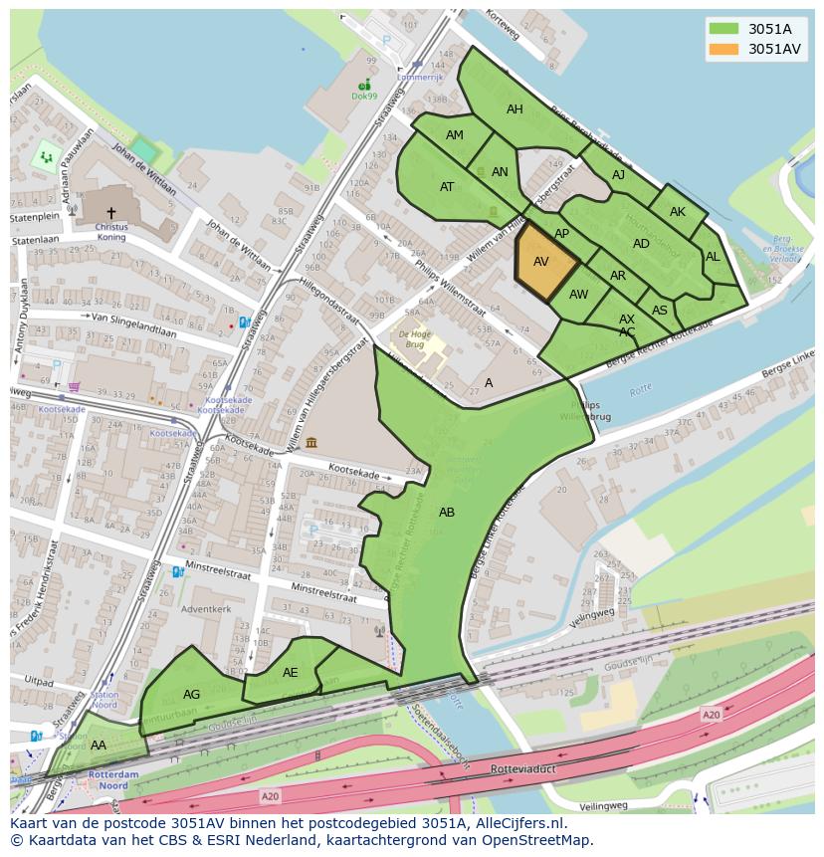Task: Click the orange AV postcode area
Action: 544,263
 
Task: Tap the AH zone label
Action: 515,109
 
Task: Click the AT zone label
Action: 447,187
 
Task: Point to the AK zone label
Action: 678,212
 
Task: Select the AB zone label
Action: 447,513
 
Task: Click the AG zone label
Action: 192,695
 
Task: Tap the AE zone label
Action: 290,673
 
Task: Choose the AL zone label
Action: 713,257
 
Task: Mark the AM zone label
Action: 455,135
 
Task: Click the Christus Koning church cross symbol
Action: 111,212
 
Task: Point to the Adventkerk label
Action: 207,609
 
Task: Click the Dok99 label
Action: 364,97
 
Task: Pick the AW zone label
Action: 578,295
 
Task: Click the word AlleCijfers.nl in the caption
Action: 517,824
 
